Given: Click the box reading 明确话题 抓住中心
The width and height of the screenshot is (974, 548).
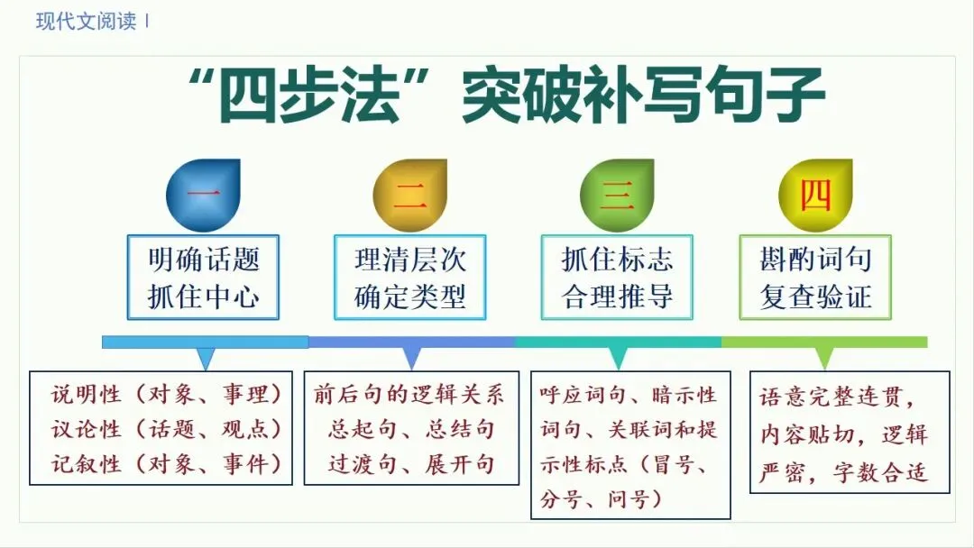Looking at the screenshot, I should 203,278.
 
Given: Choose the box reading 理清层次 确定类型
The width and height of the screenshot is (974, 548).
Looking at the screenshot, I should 410,278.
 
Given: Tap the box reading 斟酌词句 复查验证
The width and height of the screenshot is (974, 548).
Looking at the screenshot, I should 815,278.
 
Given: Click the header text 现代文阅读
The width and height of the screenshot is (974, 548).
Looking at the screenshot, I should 86,22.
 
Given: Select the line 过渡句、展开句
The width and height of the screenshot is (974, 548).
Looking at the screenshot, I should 410,463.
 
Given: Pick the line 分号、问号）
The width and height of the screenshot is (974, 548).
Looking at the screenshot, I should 594,498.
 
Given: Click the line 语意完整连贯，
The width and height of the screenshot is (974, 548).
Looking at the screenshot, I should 838,397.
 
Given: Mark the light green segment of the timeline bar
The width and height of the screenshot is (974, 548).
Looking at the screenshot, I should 824,342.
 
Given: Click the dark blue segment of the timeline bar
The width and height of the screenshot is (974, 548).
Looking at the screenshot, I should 411,342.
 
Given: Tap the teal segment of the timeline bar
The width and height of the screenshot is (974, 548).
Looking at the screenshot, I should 618,342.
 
